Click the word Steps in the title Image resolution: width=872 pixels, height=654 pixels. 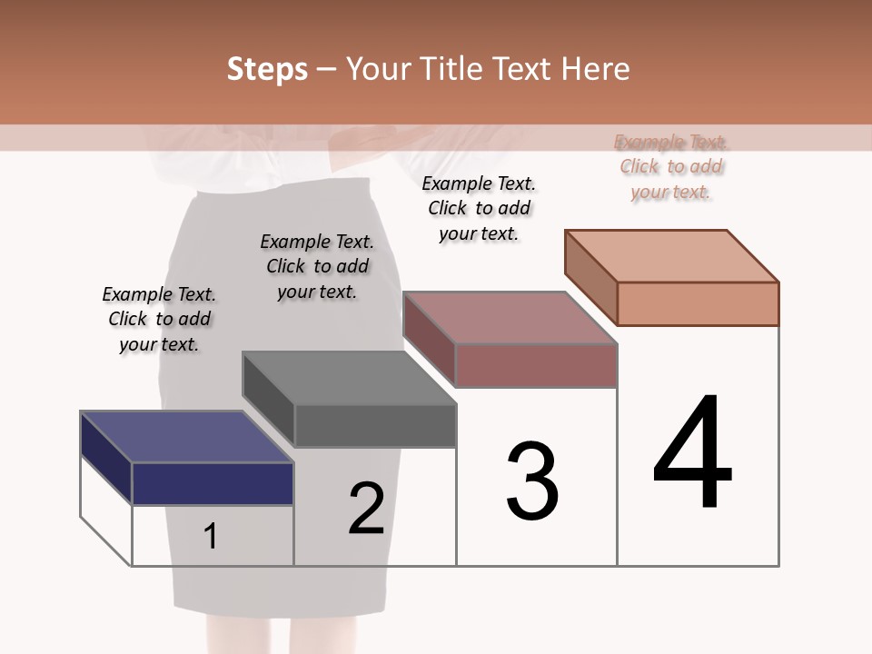tap(267, 69)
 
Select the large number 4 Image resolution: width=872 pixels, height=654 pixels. tap(692, 453)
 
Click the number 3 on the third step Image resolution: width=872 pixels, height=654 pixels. tap(532, 481)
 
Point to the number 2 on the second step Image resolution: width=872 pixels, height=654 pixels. tap(367, 508)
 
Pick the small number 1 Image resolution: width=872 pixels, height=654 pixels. tap(211, 537)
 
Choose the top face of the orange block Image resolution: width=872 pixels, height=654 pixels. tap(672, 256)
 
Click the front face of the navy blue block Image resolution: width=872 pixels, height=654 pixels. tap(213, 483)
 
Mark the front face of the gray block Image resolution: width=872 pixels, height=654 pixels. tap(375, 425)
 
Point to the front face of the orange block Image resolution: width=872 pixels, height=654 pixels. tap(698, 303)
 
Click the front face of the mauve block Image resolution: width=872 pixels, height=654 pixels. tap(536, 365)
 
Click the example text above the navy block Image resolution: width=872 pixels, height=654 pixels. tap(159, 319)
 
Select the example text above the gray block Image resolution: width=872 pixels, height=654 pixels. tap(317, 266)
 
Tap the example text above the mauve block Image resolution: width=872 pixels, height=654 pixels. tap(479, 208)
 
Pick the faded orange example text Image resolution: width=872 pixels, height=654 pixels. tap(671, 166)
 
